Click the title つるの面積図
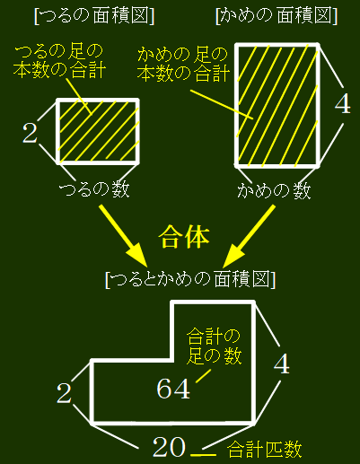94,16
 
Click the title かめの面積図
277,16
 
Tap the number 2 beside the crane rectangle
30,133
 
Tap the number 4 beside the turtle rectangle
342,104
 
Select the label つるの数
94,188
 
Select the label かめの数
274,190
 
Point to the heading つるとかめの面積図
190,279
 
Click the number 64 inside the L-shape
173,389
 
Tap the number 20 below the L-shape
169,447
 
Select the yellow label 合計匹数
264,449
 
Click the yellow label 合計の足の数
214,346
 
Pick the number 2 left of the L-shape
64,393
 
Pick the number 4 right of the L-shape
282,363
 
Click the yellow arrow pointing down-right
123,236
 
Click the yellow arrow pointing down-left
249,236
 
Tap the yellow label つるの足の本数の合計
59,61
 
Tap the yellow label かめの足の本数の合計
183,65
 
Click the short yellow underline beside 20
203,455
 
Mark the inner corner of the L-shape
172,360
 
